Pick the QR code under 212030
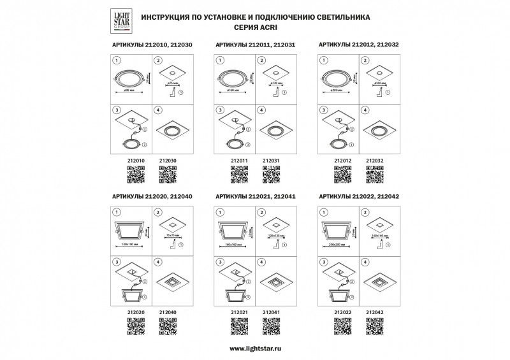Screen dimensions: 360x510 [x=167, y=174]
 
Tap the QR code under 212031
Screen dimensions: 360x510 [x=272, y=174]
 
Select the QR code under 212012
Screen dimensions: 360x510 [x=343, y=174]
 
